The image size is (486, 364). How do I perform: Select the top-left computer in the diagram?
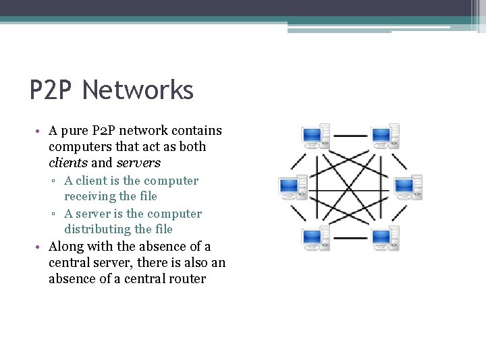[315, 136]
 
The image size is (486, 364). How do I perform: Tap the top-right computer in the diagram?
[385, 136]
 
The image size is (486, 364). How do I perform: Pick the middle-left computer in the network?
[293, 187]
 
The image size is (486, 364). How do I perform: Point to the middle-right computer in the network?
[407, 187]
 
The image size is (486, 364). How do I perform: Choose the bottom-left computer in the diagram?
[315, 239]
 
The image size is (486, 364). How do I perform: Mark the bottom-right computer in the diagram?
[385, 239]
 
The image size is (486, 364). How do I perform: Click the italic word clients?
[67, 162]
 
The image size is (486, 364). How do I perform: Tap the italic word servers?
[138, 162]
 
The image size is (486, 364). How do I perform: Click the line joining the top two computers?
[350, 136]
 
